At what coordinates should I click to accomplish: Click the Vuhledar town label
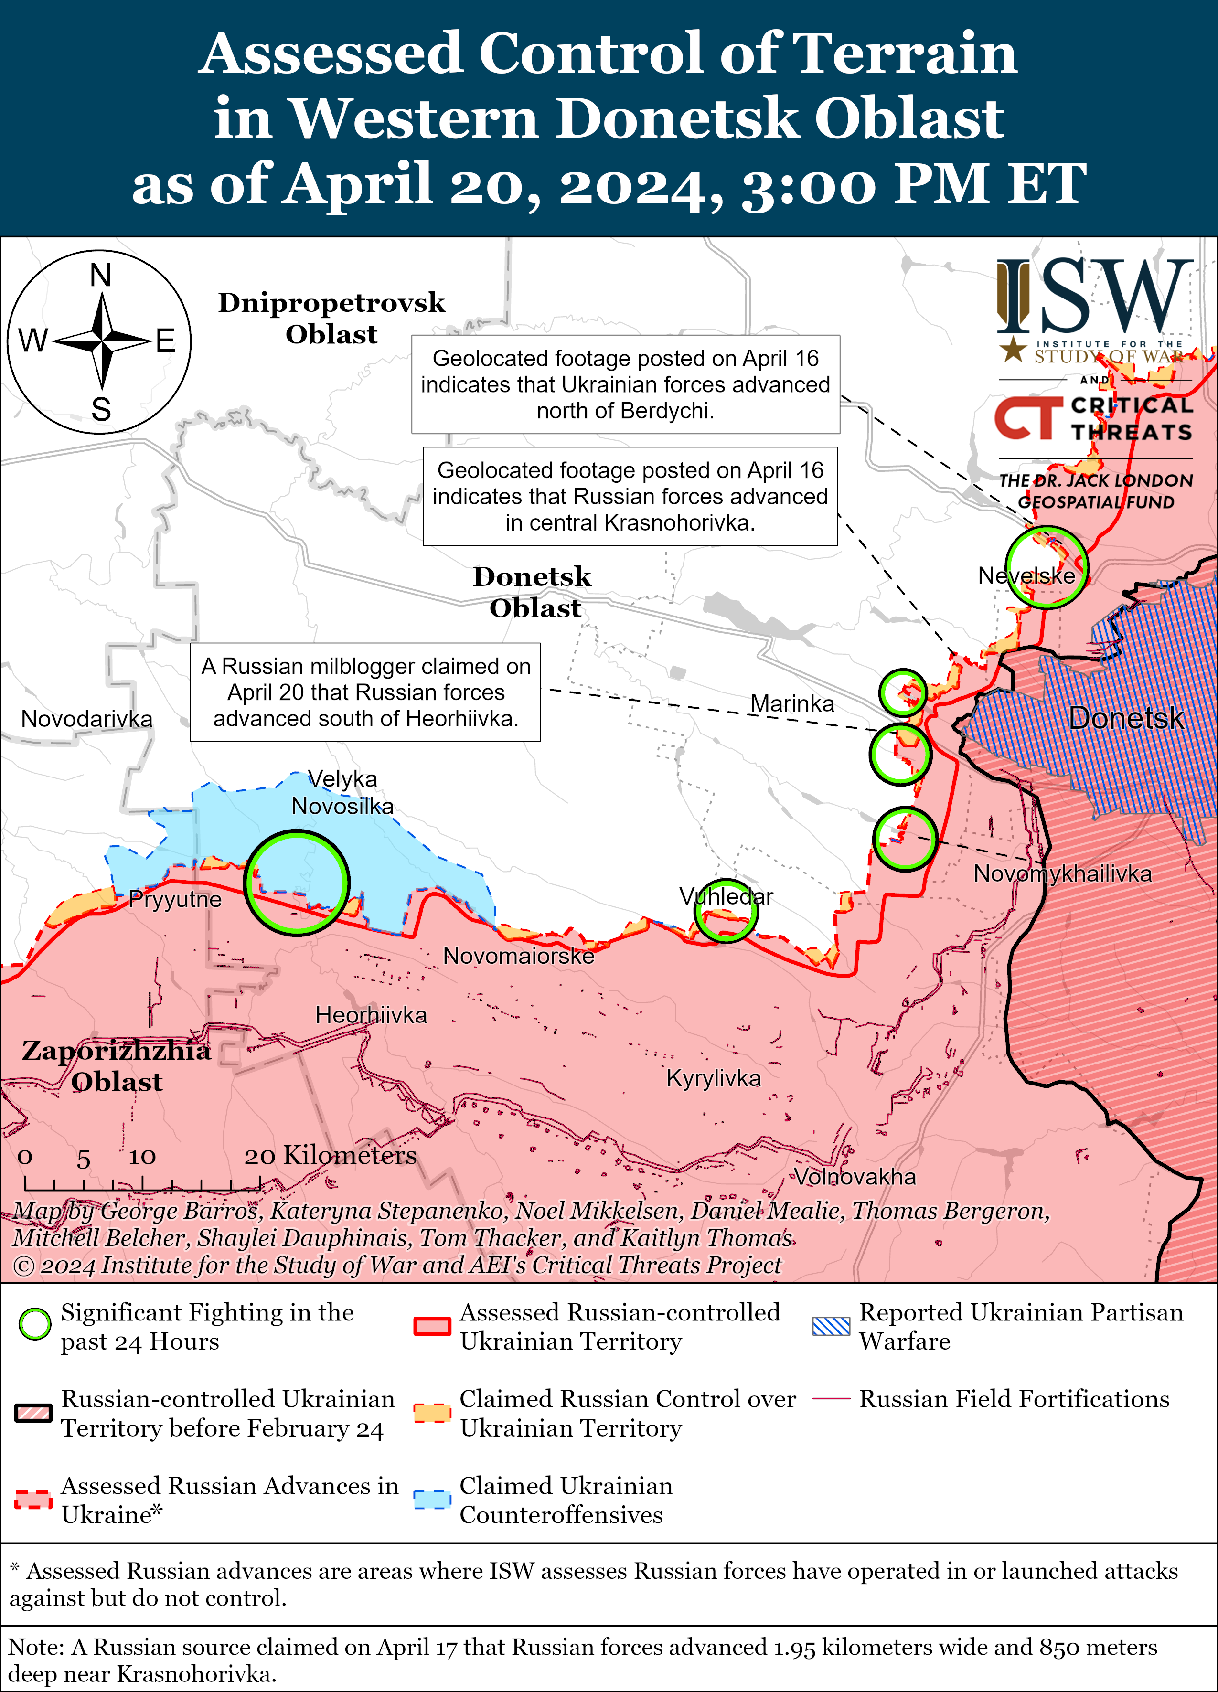[726, 896]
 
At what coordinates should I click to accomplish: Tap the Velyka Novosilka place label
[342, 792]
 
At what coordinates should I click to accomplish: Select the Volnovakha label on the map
[854, 1177]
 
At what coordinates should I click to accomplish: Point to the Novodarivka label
[86, 718]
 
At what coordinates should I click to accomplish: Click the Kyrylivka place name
[714, 1078]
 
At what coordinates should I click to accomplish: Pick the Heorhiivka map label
[371, 1015]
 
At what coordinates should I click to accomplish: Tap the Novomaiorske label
[519, 956]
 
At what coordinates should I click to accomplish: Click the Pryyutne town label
[175, 899]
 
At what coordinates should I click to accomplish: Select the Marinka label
[792, 703]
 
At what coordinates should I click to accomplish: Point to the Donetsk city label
[1125, 718]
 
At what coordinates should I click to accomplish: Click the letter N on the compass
[101, 275]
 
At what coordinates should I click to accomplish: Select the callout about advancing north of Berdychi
[625, 384]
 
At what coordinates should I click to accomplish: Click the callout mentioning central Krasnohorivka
[630, 496]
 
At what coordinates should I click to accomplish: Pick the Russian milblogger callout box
[366, 692]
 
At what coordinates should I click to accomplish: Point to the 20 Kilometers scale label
[330, 1156]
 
